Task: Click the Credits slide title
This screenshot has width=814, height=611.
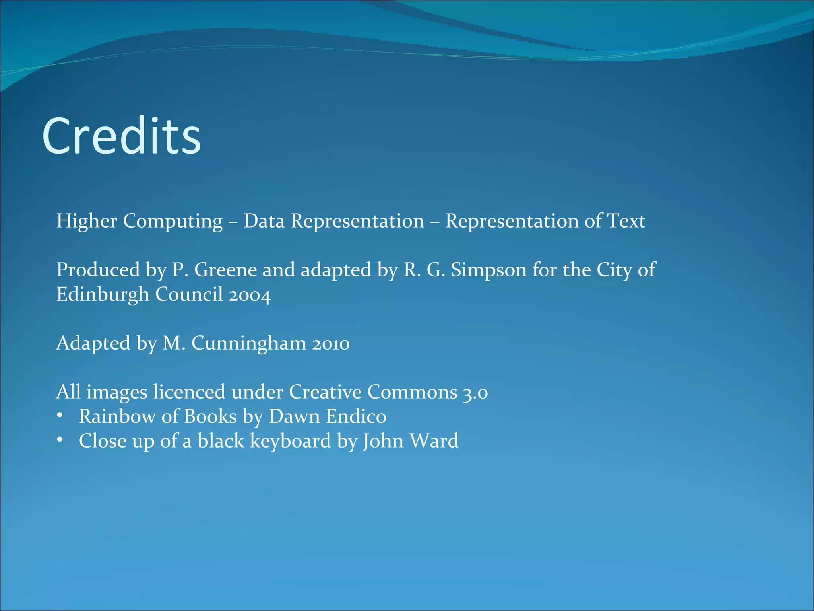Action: coord(121,136)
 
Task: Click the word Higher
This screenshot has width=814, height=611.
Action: coord(87,221)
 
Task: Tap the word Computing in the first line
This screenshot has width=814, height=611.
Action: coord(172,222)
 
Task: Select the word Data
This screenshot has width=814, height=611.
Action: coord(264,221)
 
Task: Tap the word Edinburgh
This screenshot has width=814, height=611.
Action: coord(103,295)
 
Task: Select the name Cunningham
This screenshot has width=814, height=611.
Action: coord(249,344)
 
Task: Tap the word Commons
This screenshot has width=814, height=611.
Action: coord(412,392)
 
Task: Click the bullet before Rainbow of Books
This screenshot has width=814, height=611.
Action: coord(60,416)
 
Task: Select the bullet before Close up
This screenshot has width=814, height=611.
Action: coord(60,440)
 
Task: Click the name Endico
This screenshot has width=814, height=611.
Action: coord(356,416)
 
